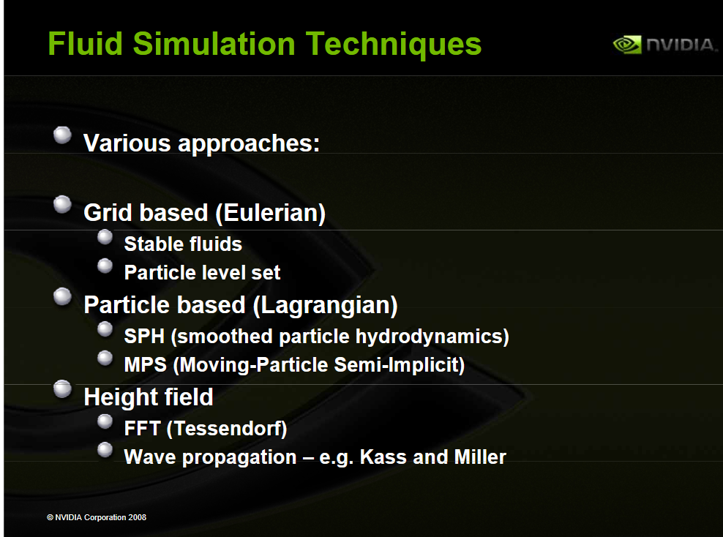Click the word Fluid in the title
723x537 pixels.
pyautogui.click(x=86, y=44)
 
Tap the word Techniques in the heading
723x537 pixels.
pyautogui.click(x=393, y=45)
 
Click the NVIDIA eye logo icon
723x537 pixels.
pyautogui.click(x=627, y=45)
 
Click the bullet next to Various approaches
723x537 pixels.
pyautogui.click(x=62, y=135)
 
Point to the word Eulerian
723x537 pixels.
pyautogui.click(x=271, y=213)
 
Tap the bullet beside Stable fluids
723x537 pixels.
pyautogui.click(x=105, y=237)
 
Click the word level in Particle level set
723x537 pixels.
pyautogui.click(x=226, y=272)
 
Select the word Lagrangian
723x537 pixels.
pyautogui.click(x=326, y=305)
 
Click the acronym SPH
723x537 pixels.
pyautogui.click(x=144, y=336)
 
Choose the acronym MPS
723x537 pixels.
pyautogui.click(x=145, y=364)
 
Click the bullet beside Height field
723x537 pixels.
pyautogui.click(x=62, y=388)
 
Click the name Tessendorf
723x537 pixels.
pyautogui.click(x=227, y=429)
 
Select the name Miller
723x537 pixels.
pyautogui.click(x=480, y=457)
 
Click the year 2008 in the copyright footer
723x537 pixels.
pyautogui.click(x=138, y=517)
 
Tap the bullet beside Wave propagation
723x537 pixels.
pyautogui.click(x=105, y=450)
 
